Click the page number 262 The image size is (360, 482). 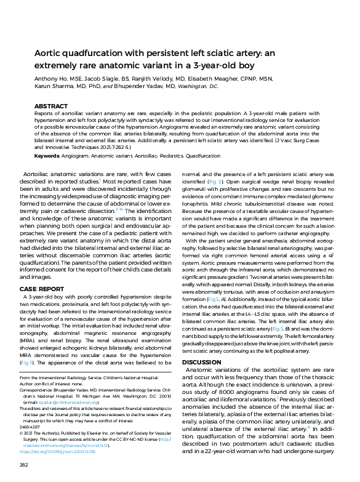pyautogui.click(x=25, y=464)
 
